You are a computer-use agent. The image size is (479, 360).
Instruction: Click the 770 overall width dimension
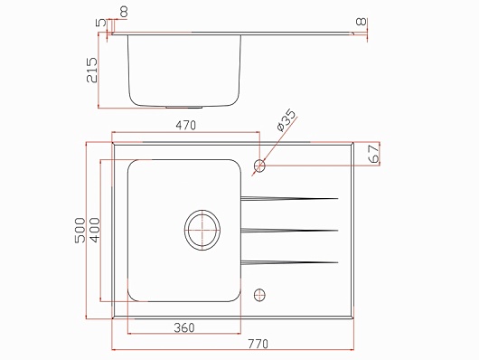pyautogui.click(x=258, y=344)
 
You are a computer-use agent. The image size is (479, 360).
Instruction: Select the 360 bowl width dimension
pyautogui.click(x=184, y=327)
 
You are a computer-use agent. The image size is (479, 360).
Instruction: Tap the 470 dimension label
pyautogui.click(x=186, y=126)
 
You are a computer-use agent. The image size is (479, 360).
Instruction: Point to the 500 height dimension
pyautogui.click(x=80, y=231)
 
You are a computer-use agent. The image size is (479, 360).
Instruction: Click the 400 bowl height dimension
pyautogui.click(x=95, y=231)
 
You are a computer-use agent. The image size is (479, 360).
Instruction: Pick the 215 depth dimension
pyautogui.click(x=92, y=70)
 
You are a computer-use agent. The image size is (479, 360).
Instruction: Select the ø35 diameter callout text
pyautogui.click(x=286, y=120)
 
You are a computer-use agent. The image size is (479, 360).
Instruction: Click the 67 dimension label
pyautogui.click(x=374, y=154)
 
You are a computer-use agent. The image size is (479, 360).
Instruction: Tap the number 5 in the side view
pyautogui.click(x=101, y=23)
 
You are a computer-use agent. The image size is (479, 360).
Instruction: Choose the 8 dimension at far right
pyautogui.click(x=362, y=22)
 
